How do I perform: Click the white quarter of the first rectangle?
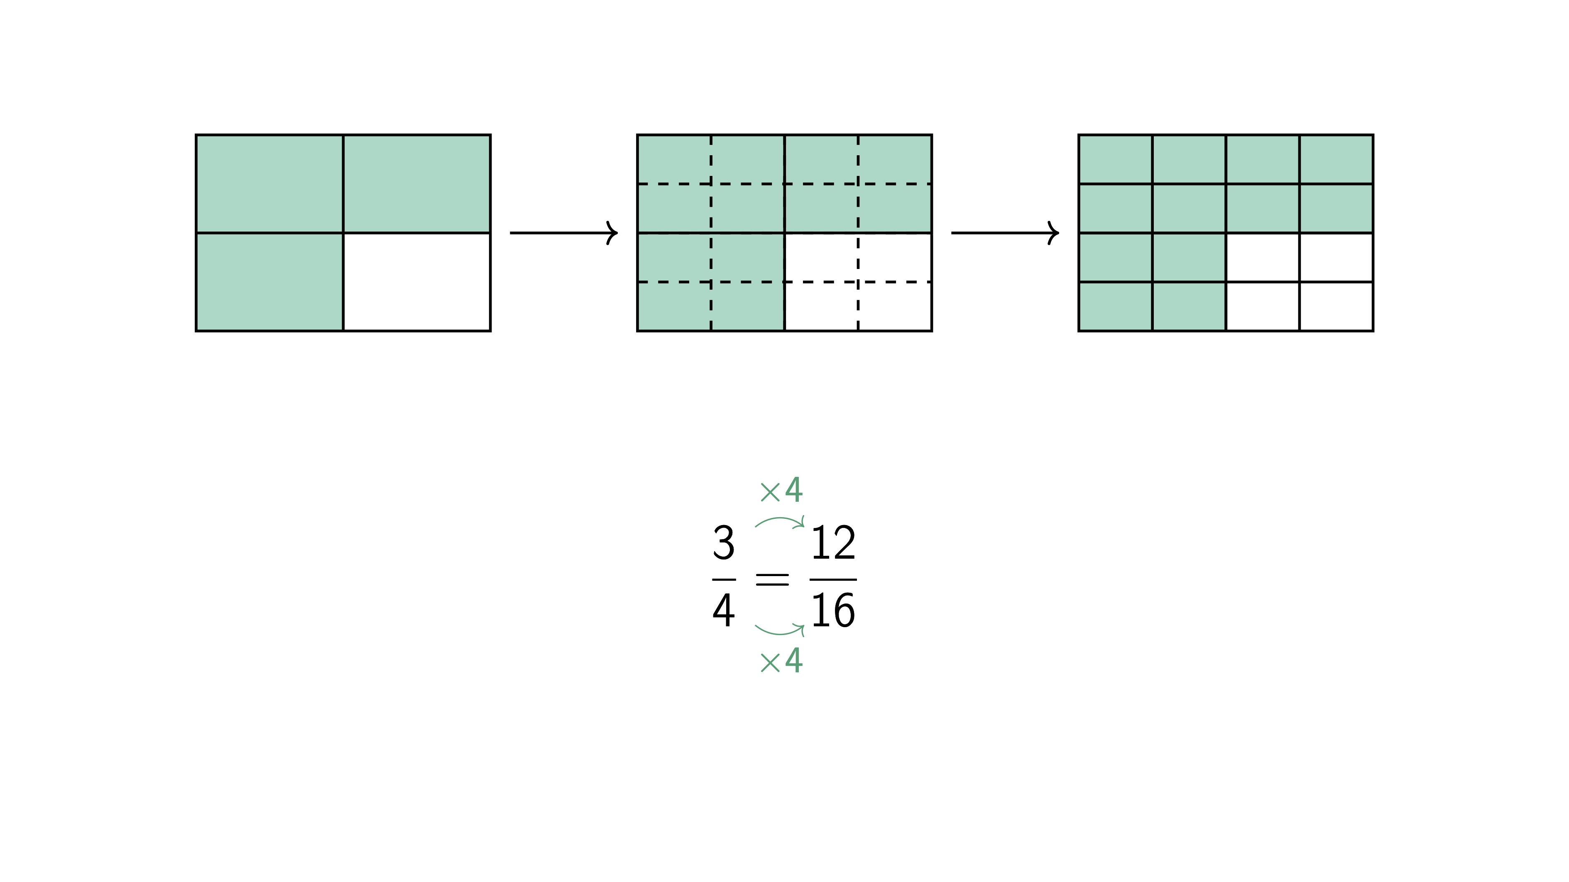point(416,282)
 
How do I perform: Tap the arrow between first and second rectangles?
point(563,232)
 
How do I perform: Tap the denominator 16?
point(833,611)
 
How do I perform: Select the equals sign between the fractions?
point(772,579)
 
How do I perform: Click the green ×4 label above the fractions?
point(781,491)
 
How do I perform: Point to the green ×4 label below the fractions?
point(781,661)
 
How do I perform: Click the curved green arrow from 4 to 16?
point(780,630)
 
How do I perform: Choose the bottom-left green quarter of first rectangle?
point(269,282)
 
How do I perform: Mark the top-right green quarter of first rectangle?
point(416,183)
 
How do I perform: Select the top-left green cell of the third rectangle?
point(1115,159)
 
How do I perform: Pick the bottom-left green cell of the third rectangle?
point(1115,306)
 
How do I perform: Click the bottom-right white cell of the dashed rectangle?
point(895,306)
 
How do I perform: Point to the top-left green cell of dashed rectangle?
point(674,159)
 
